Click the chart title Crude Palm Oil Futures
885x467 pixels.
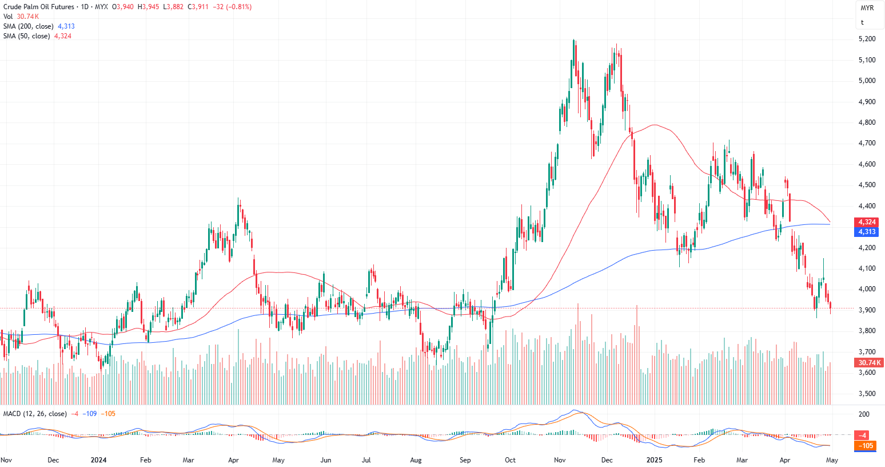point(39,7)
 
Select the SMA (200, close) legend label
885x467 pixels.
point(29,26)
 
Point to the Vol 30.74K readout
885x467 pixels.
point(21,17)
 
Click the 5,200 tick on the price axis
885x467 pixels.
point(867,39)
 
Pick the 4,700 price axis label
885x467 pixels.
point(867,143)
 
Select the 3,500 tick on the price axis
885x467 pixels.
point(867,394)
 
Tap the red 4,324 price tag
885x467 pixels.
point(867,222)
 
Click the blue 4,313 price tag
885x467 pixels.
point(867,232)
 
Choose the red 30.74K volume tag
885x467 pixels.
point(870,363)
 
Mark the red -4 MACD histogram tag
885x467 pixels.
point(863,436)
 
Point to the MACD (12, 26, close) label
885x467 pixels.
point(35,414)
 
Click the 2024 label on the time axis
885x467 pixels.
point(99,460)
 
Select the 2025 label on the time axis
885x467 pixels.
point(654,460)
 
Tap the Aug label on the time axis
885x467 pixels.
point(416,460)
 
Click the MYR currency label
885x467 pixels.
point(867,8)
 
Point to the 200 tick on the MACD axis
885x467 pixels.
point(864,414)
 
